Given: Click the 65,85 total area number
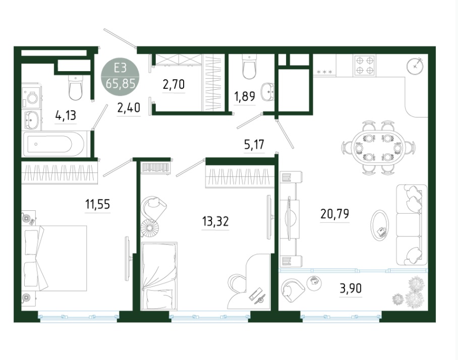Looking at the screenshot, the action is coord(121,84).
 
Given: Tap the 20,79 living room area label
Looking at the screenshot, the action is coord(335,214).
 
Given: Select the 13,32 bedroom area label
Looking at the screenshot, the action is coord(215,221).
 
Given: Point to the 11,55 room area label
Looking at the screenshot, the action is coord(97,204).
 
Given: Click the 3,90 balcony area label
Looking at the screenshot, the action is coord(351,288).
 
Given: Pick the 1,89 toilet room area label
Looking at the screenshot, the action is coord(245,96).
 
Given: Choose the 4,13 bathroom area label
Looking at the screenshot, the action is coord(66,115).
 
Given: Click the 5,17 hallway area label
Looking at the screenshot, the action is coord(254,144).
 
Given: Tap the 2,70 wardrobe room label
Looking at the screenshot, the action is coord(174,84).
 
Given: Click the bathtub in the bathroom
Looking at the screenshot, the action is coord(55,144).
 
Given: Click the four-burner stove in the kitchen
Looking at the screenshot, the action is coord(365,66).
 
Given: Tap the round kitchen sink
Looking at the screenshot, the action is coord(415,66).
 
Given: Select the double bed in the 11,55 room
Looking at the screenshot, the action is coord(54,258).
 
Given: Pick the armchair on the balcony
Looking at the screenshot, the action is coord(293,288).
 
